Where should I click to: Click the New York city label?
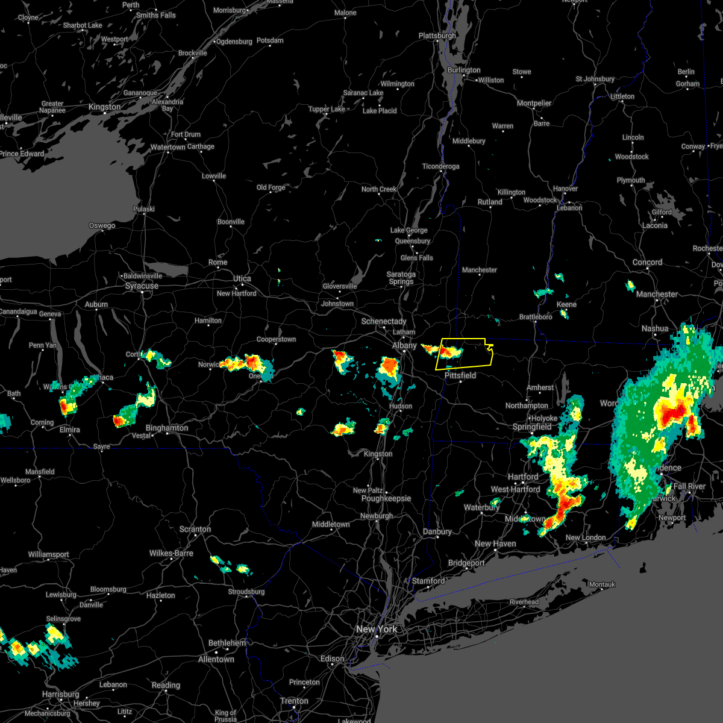point(377,629)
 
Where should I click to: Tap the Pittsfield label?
point(460,375)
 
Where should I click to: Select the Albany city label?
point(404,345)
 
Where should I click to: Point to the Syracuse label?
point(142,286)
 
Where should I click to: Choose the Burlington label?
point(464,70)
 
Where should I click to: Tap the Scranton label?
point(195,529)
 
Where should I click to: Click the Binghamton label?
point(167,428)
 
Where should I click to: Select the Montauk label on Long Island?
point(602,584)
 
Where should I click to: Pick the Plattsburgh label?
point(437,36)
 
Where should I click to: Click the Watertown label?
point(168,147)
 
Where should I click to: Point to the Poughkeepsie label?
point(386,498)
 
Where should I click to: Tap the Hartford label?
point(523,477)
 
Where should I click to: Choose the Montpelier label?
point(534,103)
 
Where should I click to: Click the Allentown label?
point(216,659)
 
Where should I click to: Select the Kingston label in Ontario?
point(104,107)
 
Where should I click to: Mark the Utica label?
point(242,278)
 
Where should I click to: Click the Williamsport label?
point(49,554)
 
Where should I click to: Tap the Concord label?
point(648,262)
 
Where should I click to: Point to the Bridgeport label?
point(466,563)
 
